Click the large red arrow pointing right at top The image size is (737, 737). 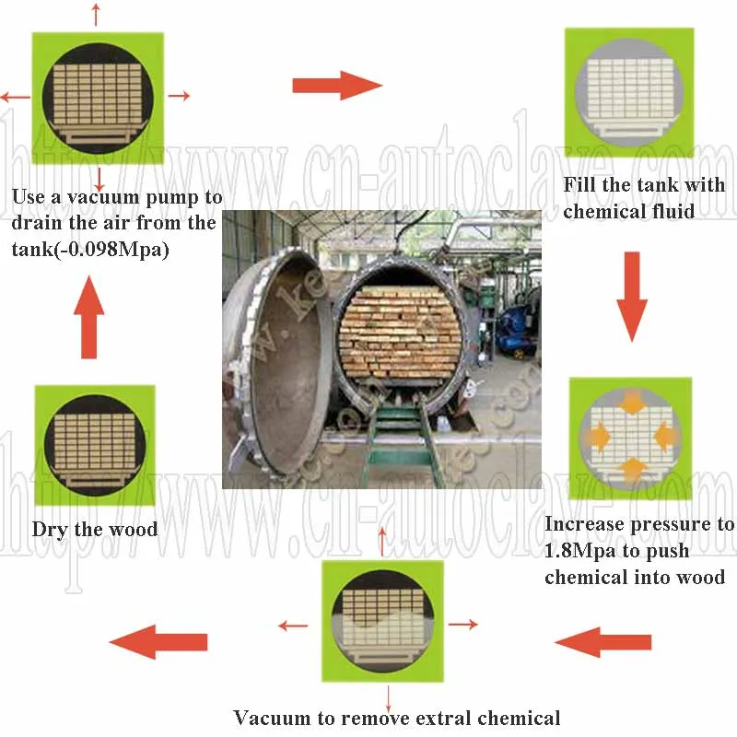336,86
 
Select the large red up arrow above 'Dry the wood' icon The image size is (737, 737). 89,318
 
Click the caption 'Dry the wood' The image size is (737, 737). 95,530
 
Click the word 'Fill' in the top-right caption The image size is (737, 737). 579,185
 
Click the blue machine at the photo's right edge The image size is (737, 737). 516,332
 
